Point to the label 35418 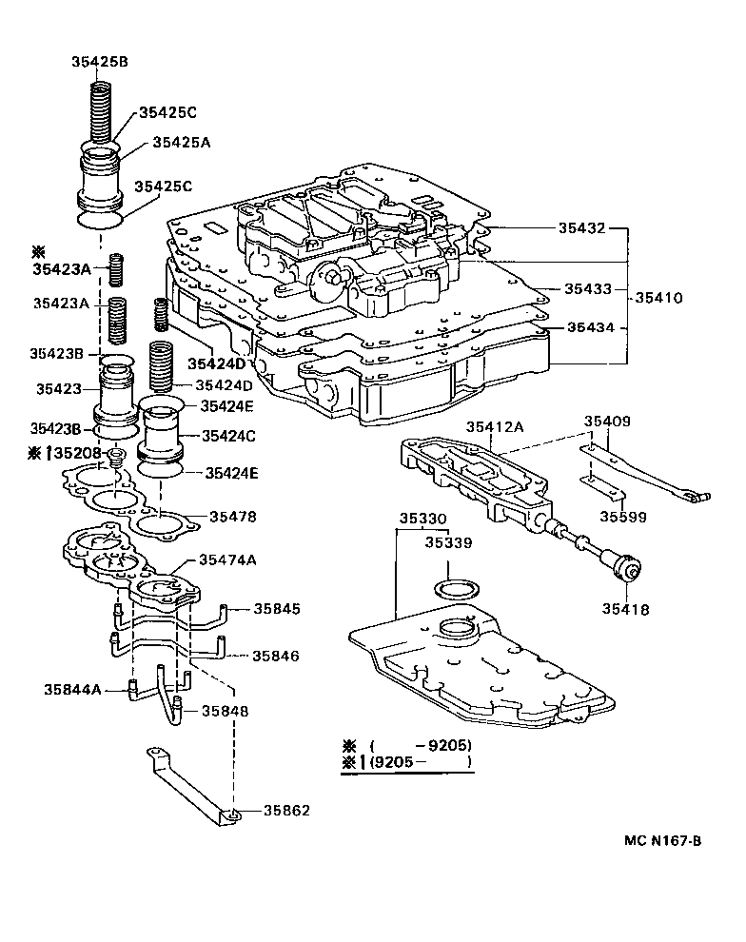624,608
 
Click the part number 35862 285,812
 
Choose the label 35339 448,543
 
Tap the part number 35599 623,517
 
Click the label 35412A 494,427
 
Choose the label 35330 422,519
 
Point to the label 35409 607,421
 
